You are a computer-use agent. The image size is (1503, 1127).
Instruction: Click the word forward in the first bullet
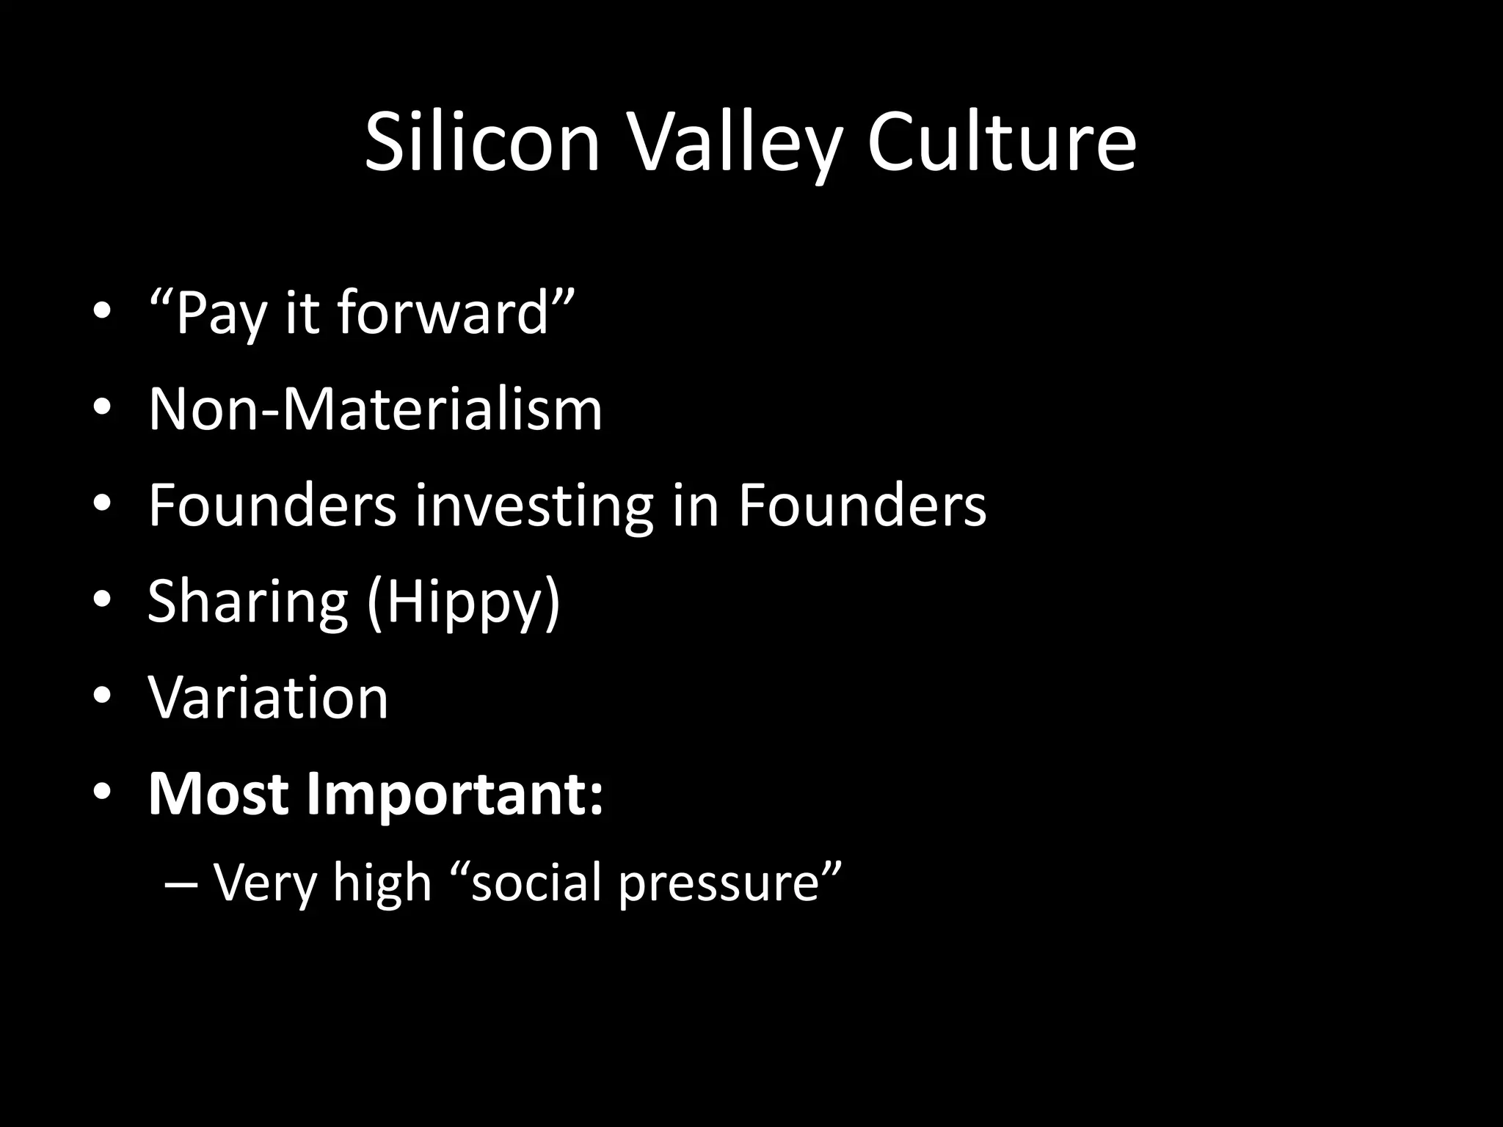click(x=443, y=313)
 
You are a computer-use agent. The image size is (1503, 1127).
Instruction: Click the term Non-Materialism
click(x=375, y=409)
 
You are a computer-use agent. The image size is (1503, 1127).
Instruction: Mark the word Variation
click(x=268, y=698)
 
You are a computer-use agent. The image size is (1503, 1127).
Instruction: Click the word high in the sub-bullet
click(x=382, y=883)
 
